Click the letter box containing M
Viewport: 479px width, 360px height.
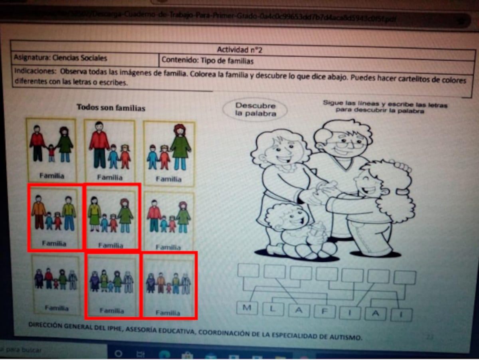pyautogui.click(x=247, y=308)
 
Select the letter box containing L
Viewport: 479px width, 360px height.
pyautogui.click(x=273, y=309)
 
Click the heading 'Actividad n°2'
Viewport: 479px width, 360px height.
pyautogui.click(x=239, y=49)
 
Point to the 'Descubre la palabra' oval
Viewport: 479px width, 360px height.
pyautogui.click(x=255, y=109)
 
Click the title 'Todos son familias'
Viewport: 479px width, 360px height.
pyautogui.click(x=111, y=108)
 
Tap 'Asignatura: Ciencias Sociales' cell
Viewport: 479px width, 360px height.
pyautogui.click(x=61, y=58)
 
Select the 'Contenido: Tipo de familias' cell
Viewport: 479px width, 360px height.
pyautogui.click(x=208, y=61)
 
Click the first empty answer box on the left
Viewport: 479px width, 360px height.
pyautogui.click(x=248, y=271)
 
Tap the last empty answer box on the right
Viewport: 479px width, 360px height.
pyautogui.click(x=404, y=277)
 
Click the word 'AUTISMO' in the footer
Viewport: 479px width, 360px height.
pyautogui.click(x=347, y=337)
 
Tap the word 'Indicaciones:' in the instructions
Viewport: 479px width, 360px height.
pyautogui.click(x=34, y=71)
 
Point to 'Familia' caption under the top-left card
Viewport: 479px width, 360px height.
pyautogui.click(x=52, y=175)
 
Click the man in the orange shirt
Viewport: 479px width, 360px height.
pyautogui.click(x=39, y=212)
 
